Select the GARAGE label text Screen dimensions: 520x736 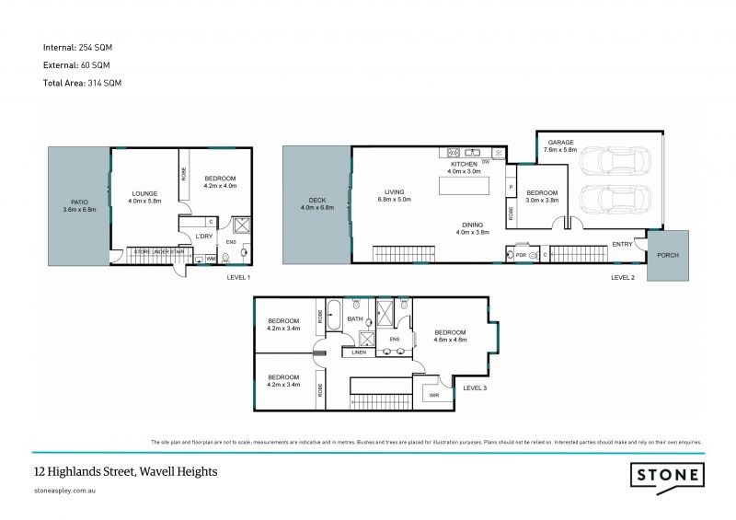pyautogui.click(x=561, y=143)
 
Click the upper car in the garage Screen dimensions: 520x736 pyautogui.click(x=614, y=161)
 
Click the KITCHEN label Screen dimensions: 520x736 pyautogui.click(x=463, y=164)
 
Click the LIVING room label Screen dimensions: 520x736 pyautogui.click(x=396, y=192)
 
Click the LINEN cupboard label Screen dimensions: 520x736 pyautogui.click(x=359, y=352)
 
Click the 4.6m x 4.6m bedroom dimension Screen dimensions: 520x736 pyautogui.click(x=451, y=340)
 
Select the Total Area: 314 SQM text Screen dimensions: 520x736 pyautogui.click(x=83, y=83)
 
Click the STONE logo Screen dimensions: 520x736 pyautogui.click(x=668, y=475)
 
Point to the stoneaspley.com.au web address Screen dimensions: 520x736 pyautogui.click(x=65, y=491)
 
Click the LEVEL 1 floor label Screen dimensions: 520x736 pyautogui.click(x=238, y=277)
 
